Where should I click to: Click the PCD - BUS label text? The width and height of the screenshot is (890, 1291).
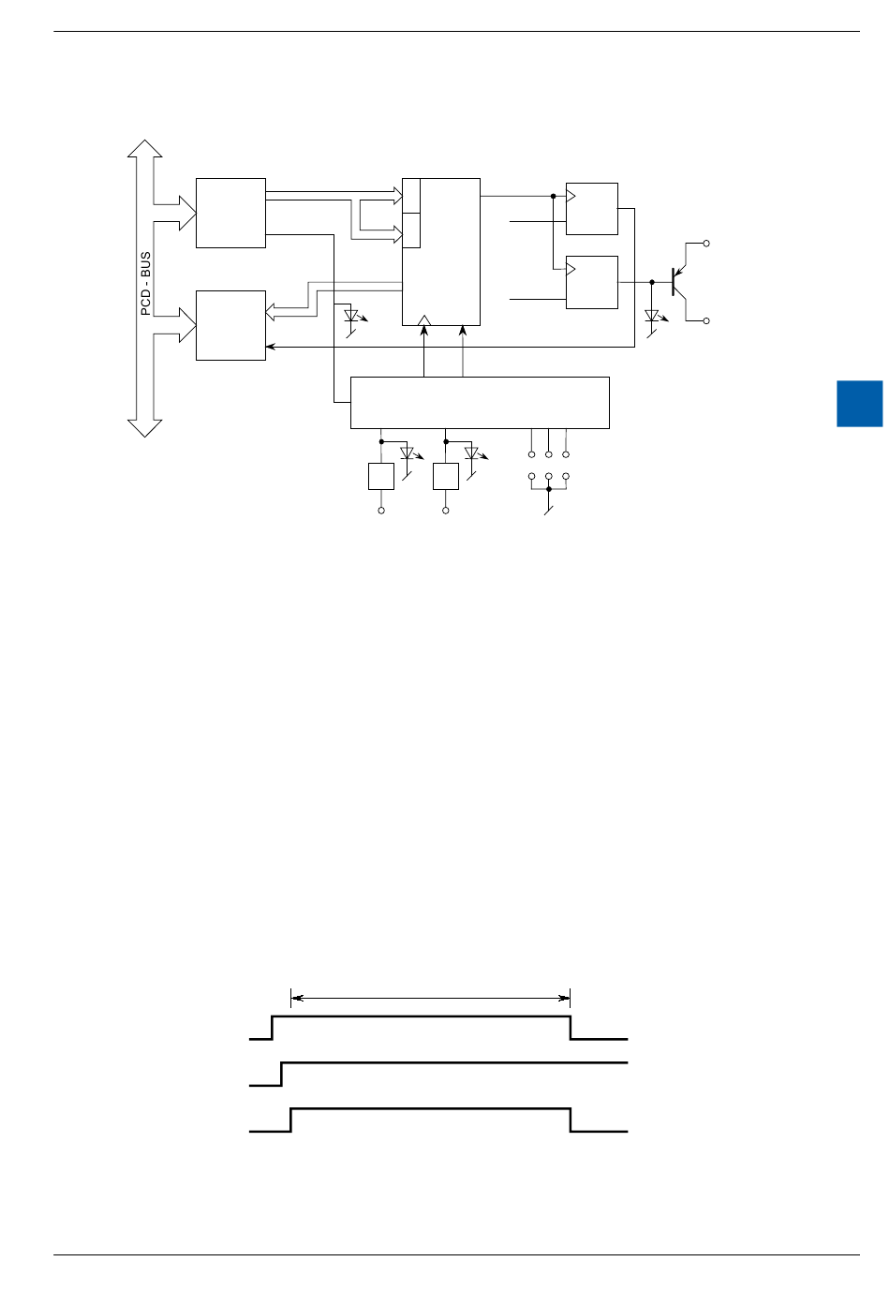pos(146,283)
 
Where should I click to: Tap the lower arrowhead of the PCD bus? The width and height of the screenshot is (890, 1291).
pos(145,428)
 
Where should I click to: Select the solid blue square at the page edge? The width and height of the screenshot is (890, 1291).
pos(859,403)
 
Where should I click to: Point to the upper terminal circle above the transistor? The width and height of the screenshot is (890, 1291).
pos(706,244)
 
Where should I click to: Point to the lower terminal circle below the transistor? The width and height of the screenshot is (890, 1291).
pos(706,321)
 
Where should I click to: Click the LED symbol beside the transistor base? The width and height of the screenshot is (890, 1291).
pos(653,317)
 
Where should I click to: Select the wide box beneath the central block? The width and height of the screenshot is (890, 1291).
pos(480,403)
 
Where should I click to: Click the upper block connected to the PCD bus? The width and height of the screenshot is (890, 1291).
pos(230,213)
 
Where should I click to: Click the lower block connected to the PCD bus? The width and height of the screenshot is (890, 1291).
pos(230,325)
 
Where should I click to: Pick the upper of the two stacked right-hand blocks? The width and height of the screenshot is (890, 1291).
pos(592,209)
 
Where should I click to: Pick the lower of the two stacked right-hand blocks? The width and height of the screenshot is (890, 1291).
pos(592,282)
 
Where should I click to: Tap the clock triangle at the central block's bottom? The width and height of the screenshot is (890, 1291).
pos(424,320)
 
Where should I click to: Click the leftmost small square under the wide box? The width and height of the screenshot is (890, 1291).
pos(381,476)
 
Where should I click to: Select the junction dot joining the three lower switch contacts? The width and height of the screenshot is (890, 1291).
pos(549,489)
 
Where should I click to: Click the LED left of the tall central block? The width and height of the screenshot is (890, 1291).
pos(353,317)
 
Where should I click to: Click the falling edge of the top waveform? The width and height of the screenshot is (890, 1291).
pos(571,1028)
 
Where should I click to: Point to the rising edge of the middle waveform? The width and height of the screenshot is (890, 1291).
pos(282,1075)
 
